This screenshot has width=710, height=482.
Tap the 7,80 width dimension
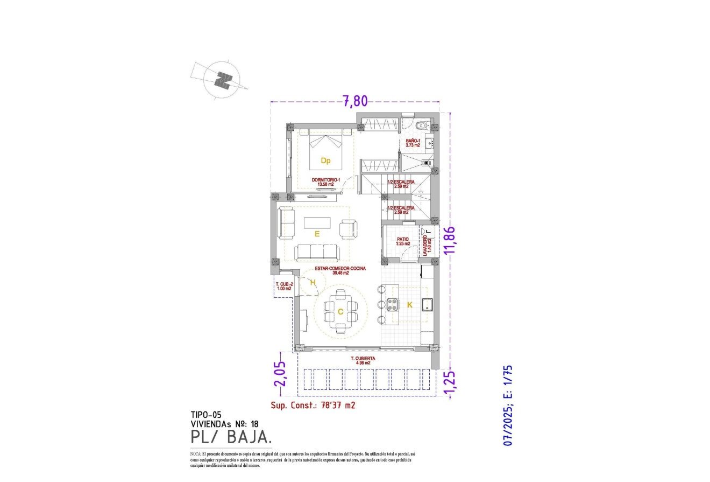[x=355, y=100]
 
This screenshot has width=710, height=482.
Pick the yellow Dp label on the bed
[x=325, y=160]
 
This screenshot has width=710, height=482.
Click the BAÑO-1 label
[x=413, y=143]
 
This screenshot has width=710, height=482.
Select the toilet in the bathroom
[x=422, y=125]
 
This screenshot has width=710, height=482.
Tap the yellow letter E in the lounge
[x=317, y=234]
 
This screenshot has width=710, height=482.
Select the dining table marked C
[x=340, y=311]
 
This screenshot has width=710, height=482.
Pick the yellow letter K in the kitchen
[x=409, y=305]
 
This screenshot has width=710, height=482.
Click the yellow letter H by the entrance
[x=312, y=282]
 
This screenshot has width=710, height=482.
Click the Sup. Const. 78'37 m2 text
[x=313, y=406]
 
